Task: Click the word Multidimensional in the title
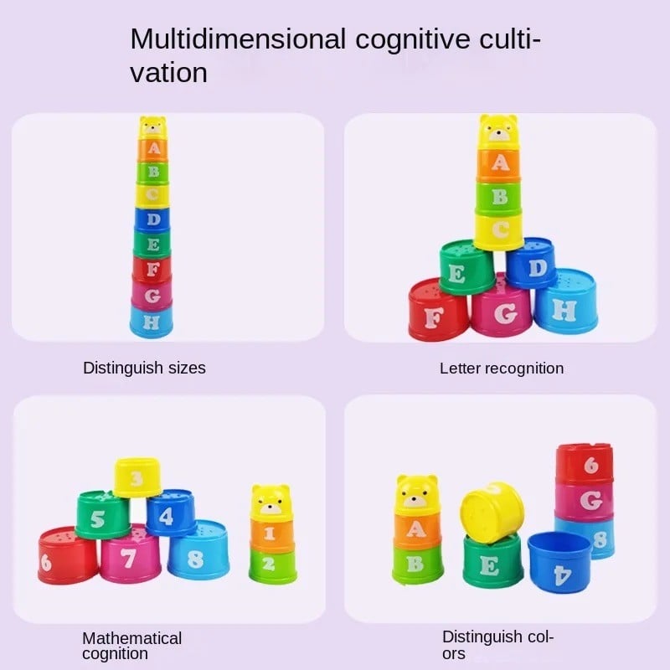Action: pyautogui.click(x=238, y=39)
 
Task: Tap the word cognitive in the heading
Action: pyautogui.click(x=412, y=40)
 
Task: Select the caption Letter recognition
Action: pyautogui.click(x=502, y=368)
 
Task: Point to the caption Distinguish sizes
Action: pyautogui.click(x=144, y=368)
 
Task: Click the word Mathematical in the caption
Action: pyautogui.click(x=132, y=638)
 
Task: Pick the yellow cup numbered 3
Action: pyautogui.click(x=137, y=477)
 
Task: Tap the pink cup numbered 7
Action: pyautogui.click(x=131, y=554)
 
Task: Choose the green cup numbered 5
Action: pyautogui.click(x=103, y=514)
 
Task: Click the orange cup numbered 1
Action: pyautogui.click(x=271, y=533)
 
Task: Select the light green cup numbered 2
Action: pyautogui.click(x=273, y=566)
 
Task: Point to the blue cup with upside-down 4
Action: pyautogui.click(x=559, y=562)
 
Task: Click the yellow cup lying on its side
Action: pyautogui.click(x=492, y=513)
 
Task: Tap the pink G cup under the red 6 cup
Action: pyautogui.click(x=585, y=499)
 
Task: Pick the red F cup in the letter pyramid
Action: pyautogui.click(x=439, y=310)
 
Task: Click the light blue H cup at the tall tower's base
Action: pyautogui.click(x=152, y=321)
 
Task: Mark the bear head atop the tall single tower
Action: pyautogui.click(x=153, y=127)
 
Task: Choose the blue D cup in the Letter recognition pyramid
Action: pyautogui.click(x=532, y=263)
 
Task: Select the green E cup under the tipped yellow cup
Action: pyautogui.click(x=492, y=559)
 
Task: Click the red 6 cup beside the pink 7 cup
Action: pyautogui.click(x=68, y=555)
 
